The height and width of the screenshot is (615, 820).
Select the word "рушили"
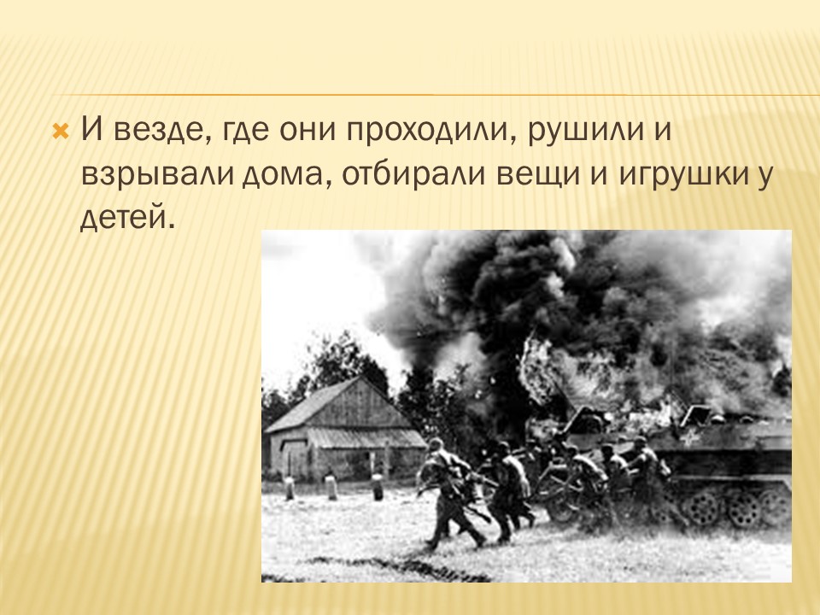click(586, 132)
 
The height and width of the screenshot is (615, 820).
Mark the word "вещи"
click(538, 175)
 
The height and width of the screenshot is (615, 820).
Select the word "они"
click(307, 131)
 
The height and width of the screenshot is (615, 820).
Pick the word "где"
click(245, 132)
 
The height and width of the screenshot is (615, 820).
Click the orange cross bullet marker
click(61, 132)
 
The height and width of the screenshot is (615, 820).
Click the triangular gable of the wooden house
click(357, 402)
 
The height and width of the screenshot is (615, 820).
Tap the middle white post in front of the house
click(331, 487)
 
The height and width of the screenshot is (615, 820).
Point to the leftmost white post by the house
click(290, 488)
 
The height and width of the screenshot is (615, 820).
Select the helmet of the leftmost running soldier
click(436, 444)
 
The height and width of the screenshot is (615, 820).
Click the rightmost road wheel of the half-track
click(775, 507)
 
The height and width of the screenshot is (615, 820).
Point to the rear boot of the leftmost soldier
click(433, 543)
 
